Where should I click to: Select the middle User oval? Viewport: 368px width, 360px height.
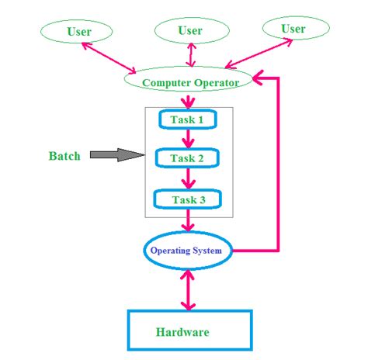click(x=190, y=31)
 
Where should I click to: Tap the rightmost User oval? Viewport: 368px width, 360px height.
click(x=293, y=29)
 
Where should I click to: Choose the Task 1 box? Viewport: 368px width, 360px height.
click(x=187, y=120)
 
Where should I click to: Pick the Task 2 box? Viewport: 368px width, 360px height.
click(x=187, y=159)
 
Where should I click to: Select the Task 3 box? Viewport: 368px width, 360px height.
click(x=187, y=199)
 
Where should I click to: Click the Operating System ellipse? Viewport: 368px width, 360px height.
click(x=187, y=251)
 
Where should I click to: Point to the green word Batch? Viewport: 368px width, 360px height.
click(x=64, y=156)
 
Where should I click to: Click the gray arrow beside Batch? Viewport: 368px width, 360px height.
click(x=117, y=155)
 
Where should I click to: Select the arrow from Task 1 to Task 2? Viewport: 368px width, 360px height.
click(x=187, y=140)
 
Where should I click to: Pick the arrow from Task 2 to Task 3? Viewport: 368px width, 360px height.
click(x=187, y=179)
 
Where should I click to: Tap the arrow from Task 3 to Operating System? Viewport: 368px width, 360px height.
click(x=187, y=220)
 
